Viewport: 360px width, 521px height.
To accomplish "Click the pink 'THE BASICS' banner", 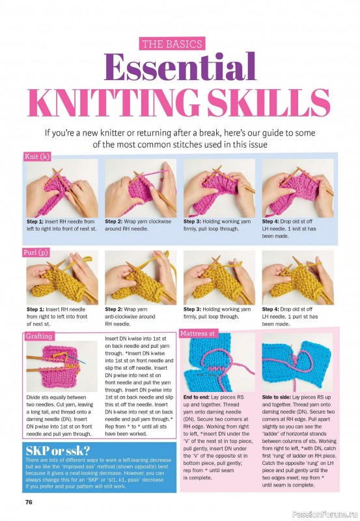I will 173,44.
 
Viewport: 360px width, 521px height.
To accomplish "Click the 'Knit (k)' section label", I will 37,157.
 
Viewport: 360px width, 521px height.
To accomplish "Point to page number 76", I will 29,501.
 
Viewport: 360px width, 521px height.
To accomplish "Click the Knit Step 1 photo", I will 61,188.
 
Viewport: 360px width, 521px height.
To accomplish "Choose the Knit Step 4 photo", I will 297,188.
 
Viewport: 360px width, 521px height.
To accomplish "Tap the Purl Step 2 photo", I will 139,278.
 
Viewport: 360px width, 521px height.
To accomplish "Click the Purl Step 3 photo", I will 218,278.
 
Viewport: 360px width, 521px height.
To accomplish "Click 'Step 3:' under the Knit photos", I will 193,221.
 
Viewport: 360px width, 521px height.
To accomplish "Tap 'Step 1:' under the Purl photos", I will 36,309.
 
